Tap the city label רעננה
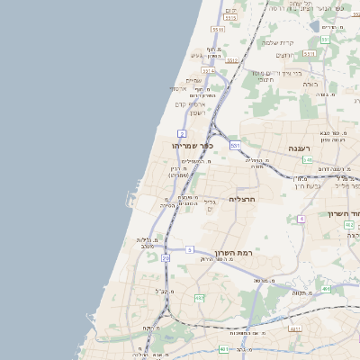[x=299, y=147]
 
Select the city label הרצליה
[x=243, y=198]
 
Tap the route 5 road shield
[x=190, y=249]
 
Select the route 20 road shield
[x=166, y=258]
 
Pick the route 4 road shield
[x=301, y=218]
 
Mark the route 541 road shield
[x=308, y=160]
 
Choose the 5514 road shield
[x=208, y=70]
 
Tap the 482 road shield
[x=199, y=297]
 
